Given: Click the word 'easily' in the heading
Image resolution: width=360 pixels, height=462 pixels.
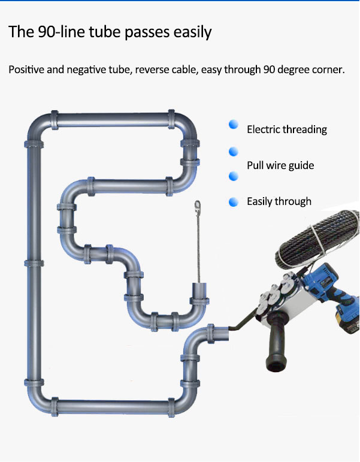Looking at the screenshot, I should click(x=189, y=32).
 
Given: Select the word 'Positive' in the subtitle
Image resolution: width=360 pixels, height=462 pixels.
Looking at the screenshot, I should click(x=27, y=70).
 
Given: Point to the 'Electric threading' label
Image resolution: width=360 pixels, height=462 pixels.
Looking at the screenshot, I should click(x=287, y=129).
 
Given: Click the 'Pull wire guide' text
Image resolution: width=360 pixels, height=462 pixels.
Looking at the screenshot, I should click(x=280, y=165).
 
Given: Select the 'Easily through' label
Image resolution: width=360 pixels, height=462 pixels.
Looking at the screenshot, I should click(x=279, y=201).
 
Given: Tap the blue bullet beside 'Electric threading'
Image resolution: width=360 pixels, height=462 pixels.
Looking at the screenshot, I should click(x=234, y=125).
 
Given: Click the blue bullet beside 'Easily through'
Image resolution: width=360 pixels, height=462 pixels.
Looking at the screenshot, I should click(x=234, y=202).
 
